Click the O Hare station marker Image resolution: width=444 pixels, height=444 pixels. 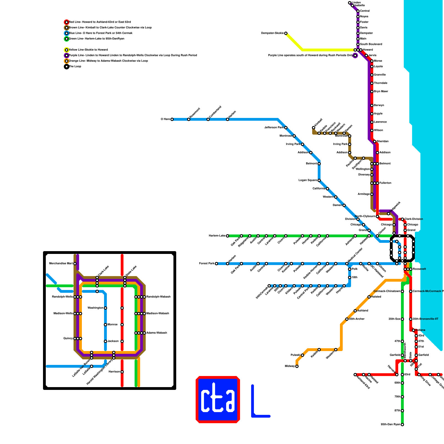172,119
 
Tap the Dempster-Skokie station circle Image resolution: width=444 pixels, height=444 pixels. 286,33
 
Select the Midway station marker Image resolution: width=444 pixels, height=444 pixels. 297,366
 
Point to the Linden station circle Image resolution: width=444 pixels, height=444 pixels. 350,3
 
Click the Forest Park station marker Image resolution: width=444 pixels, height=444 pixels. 216,264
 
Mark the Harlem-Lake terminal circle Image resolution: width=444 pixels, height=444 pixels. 228,236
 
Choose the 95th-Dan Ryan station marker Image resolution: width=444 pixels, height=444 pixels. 402,425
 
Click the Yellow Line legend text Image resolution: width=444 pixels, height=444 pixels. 88,50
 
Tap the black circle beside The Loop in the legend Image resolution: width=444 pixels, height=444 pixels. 67,67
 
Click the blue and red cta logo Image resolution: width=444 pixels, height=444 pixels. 218,400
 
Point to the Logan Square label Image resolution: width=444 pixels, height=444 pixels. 307,180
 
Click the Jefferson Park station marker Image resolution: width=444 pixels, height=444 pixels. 286,128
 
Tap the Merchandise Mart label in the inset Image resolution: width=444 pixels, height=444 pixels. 61,264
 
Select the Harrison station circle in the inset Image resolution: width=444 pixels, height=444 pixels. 122,372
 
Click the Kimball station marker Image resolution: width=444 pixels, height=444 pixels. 314,128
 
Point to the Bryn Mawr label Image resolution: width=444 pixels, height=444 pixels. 381,92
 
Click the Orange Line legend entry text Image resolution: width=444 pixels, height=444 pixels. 108,61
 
